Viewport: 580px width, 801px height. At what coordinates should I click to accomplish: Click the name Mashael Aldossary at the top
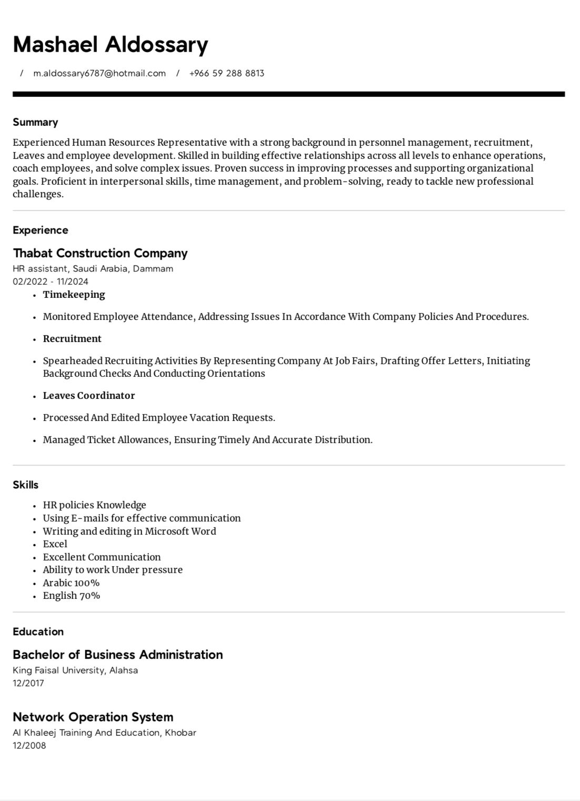(110, 45)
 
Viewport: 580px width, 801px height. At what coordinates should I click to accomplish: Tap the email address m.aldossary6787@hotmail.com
(99, 74)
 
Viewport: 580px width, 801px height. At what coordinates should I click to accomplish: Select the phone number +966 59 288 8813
(226, 74)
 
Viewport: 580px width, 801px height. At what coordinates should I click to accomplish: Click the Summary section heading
(35, 122)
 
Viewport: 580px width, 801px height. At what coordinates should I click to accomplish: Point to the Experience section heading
(41, 230)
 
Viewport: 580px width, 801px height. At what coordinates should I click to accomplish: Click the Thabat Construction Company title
(100, 253)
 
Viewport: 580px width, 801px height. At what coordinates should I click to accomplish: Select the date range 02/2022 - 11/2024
(51, 282)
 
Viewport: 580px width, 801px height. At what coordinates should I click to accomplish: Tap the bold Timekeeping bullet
(74, 295)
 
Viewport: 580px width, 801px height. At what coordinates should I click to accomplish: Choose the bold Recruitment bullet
(72, 339)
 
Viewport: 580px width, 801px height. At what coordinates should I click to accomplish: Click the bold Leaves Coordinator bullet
(89, 396)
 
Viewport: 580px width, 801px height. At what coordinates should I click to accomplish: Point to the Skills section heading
(26, 485)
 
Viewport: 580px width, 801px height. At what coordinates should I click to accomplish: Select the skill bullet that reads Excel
(55, 544)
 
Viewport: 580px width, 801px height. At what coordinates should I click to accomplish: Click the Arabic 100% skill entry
(71, 583)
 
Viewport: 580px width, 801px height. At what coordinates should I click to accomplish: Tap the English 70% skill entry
(72, 596)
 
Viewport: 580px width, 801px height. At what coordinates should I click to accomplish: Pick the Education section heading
(38, 632)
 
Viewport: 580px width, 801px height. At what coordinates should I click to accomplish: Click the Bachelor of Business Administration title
(118, 655)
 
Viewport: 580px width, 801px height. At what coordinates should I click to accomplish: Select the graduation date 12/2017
(28, 683)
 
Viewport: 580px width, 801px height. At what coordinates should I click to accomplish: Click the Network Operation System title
(93, 717)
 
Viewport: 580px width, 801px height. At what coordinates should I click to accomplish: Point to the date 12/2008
(29, 745)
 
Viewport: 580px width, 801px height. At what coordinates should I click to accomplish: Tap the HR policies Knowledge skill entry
(94, 505)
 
